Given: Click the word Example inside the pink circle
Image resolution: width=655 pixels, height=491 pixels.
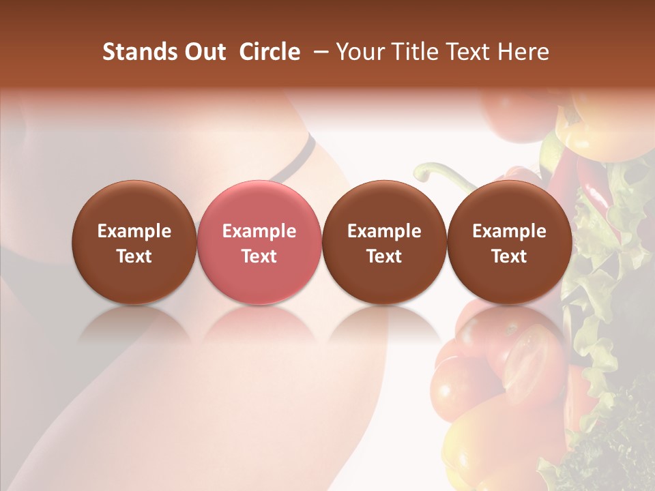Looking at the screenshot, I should (x=259, y=232).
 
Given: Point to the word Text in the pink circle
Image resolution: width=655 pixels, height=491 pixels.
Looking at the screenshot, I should (x=259, y=256).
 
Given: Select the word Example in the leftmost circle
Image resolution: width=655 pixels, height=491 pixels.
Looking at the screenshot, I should (x=134, y=232).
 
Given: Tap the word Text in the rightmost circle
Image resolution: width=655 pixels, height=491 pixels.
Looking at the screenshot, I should (x=509, y=256).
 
